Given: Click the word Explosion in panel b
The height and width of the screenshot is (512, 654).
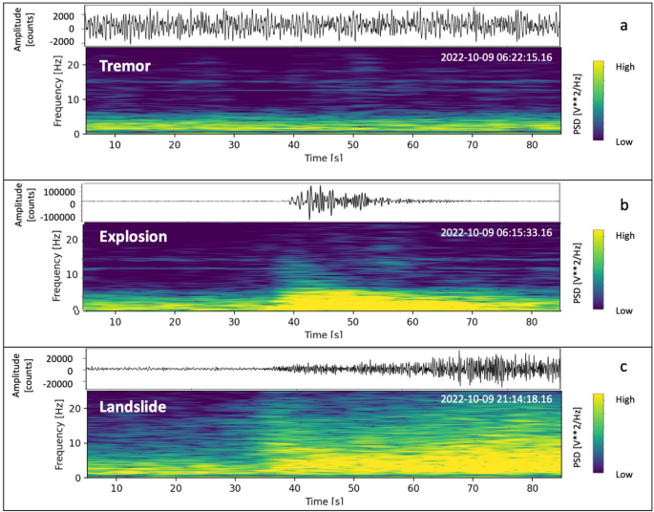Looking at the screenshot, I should pos(139,236).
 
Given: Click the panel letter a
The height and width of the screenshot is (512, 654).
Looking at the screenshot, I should pos(623,26).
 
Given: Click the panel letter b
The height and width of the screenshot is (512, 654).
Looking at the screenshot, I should pos(623,204).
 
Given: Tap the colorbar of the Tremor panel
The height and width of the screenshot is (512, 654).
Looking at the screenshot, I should pos(599,100).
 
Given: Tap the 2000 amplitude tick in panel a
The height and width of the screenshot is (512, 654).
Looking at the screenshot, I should pos(63,16).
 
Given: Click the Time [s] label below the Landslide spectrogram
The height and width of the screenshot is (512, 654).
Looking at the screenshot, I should pos(323,501).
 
